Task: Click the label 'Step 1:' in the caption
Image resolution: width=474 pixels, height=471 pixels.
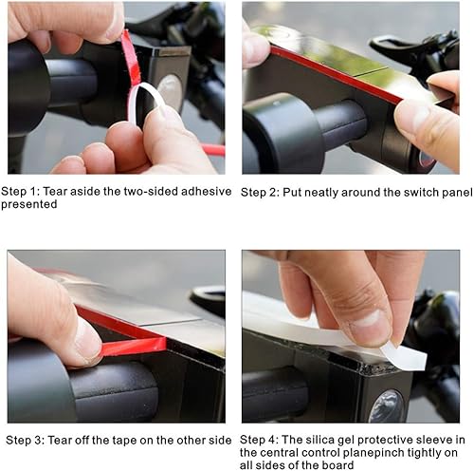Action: click(x=20, y=192)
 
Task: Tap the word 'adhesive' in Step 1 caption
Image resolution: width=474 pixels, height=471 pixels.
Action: click(x=206, y=191)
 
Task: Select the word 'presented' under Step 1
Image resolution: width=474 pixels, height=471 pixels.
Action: click(x=29, y=204)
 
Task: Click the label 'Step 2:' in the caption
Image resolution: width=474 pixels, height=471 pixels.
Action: click(x=260, y=193)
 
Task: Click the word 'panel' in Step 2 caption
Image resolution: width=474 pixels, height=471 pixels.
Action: click(x=457, y=193)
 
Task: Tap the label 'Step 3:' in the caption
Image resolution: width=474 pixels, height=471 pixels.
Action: click(x=26, y=440)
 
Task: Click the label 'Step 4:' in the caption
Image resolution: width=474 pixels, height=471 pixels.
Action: click(x=259, y=440)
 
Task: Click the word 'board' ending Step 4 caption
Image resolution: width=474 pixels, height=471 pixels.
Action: click(x=337, y=465)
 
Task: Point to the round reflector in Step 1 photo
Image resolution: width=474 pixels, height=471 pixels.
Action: click(x=171, y=89)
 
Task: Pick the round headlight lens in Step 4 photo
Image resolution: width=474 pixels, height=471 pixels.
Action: click(x=386, y=405)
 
